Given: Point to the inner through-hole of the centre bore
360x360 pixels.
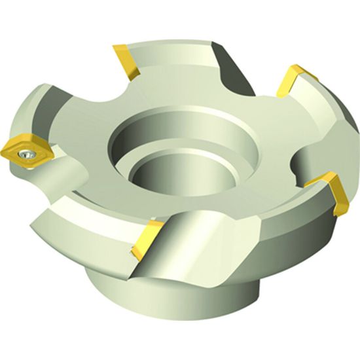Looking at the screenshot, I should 167,173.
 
